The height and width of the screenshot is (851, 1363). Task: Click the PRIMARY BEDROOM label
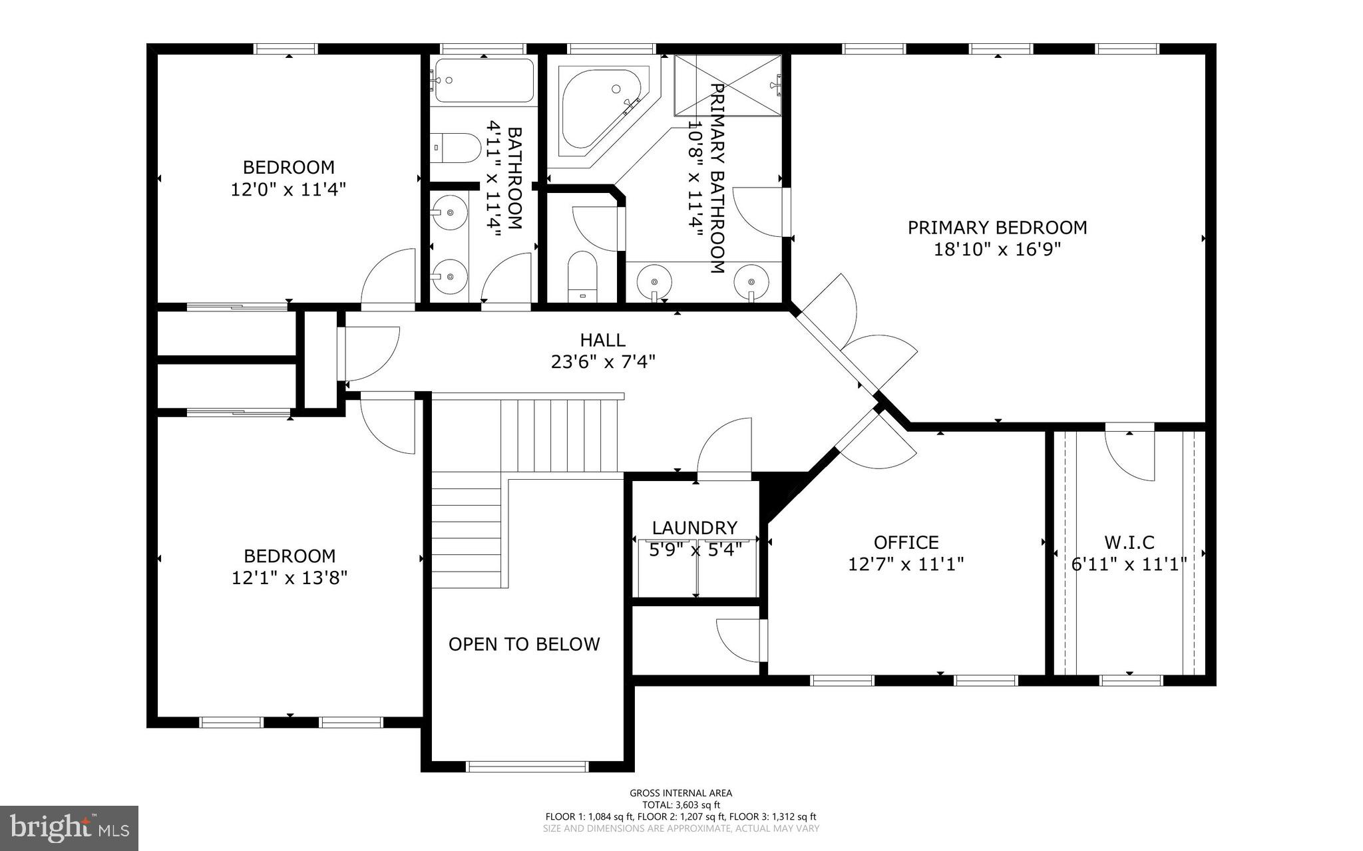click(997, 228)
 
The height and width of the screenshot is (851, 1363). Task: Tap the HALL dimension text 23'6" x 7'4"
click(603, 362)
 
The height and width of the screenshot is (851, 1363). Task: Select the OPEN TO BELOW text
click(524, 644)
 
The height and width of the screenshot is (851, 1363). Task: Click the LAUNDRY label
click(694, 528)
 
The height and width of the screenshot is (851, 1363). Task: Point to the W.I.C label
click(1129, 542)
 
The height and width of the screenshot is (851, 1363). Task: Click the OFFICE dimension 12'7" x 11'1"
click(906, 564)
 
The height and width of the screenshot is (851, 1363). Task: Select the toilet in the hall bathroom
click(456, 148)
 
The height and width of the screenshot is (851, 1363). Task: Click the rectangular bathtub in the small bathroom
click(483, 81)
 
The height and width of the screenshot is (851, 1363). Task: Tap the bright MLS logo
click(69, 828)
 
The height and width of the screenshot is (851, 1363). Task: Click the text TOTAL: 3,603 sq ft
click(681, 805)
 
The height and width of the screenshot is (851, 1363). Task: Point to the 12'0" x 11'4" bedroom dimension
click(288, 190)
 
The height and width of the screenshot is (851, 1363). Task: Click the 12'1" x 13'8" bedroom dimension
click(290, 578)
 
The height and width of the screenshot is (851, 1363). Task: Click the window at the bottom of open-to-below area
click(527, 766)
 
